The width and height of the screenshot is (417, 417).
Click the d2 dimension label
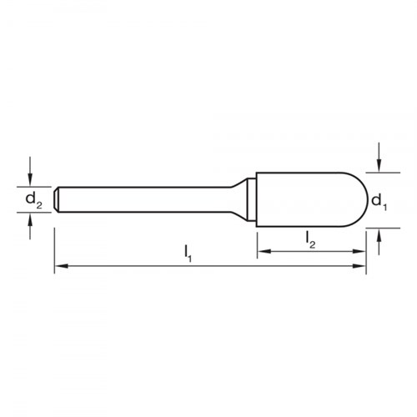31,199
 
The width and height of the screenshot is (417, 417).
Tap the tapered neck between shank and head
246,192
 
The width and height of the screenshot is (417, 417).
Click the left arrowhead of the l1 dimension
60,267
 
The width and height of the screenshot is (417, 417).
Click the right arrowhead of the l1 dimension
361,267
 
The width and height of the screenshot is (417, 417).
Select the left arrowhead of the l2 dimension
262,250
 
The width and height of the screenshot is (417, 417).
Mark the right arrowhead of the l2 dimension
361,250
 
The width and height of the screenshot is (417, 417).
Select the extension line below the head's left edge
257,242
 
